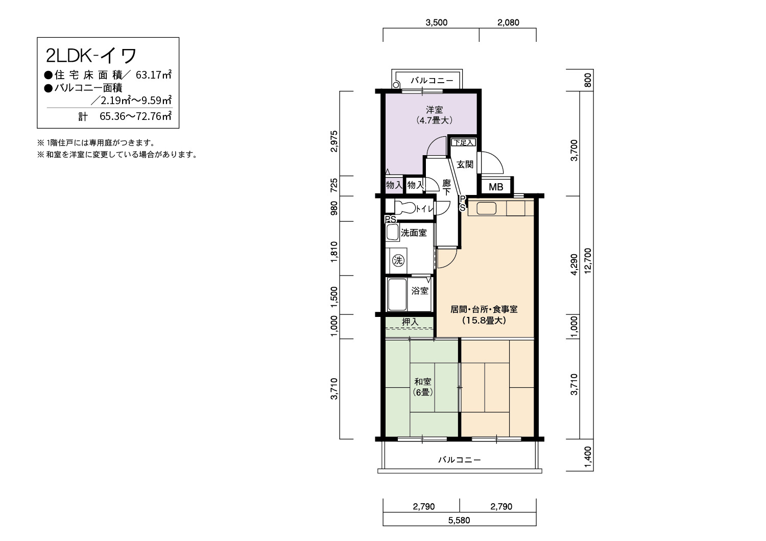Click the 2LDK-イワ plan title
coord(91,56)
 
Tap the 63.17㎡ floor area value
coord(154,75)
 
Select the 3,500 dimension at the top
coord(436,22)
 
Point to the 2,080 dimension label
coord(508,22)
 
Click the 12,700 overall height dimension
coord(588,261)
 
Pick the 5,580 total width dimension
coord(459,520)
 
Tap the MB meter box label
coord(496,187)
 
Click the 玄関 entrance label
coord(465,164)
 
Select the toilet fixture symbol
coord(405,208)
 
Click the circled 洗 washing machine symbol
coord(398,261)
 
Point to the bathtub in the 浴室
coord(397,294)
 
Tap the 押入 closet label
coord(410,322)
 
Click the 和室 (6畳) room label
coord(423,386)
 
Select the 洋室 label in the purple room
coord(434,110)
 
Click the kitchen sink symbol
coord(486,208)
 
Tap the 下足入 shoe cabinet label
coord(463,142)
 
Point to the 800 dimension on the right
coord(588,80)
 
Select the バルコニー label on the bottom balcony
coord(460,460)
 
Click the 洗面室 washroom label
coord(414,233)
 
